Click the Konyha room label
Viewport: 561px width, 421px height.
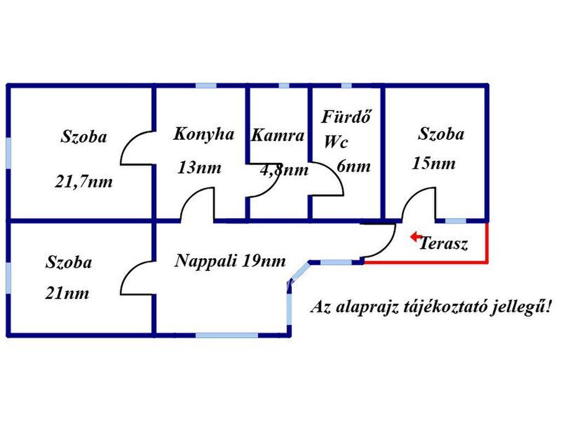coord(204,134)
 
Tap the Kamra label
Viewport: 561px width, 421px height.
coord(277,136)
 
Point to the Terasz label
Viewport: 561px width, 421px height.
coord(444,244)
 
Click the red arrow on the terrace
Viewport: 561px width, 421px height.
coord(416,237)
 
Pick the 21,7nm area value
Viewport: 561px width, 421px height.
coord(84,181)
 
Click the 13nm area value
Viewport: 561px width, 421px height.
coord(199,168)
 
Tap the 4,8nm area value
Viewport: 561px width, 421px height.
coord(284,170)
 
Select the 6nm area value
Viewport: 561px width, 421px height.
coord(354,167)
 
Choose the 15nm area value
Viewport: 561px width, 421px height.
coord(433,163)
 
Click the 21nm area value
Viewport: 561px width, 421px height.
coord(67,293)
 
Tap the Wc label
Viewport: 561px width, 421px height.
coord(335,143)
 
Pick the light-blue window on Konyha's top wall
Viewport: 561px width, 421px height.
coord(206,86)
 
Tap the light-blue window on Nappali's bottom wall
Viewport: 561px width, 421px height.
coord(227,334)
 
